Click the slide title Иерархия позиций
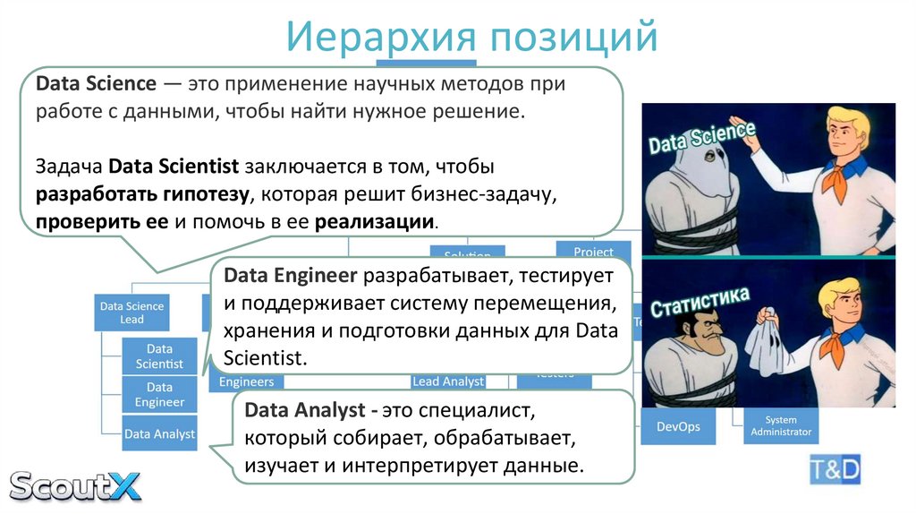coord(472,38)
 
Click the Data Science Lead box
coord(131,313)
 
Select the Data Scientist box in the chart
coord(159,356)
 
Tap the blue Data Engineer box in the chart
coord(159,394)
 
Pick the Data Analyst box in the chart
coord(159,433)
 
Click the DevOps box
coord(677,426)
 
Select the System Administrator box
coord(781,426)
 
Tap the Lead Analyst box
coord(448,381)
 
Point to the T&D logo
coord(835,468)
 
